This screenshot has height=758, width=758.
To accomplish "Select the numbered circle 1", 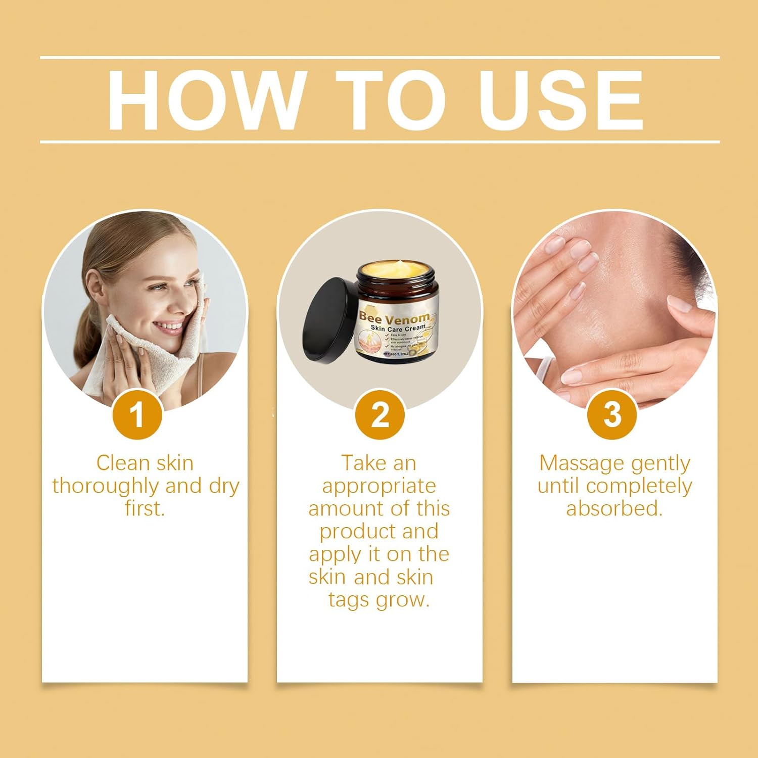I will pyautogui.click(x=137, y=415).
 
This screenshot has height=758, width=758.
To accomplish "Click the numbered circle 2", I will pyautogui.click(x=380, y=415).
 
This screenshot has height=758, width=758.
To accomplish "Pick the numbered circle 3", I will pyautogui.click(x=612, y=415).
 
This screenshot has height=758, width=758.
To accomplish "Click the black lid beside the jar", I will pyautogui.click(x=327, y=320).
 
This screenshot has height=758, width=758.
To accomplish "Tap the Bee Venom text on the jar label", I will pyautogui.click(x=394, y=318).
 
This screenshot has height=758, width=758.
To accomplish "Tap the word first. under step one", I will pyautogui.click(x=145, y=508).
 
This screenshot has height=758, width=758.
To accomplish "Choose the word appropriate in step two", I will pyautogui.click(x=379, y=486).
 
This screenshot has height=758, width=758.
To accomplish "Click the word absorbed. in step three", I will pyautogui.click(x=614, y=508).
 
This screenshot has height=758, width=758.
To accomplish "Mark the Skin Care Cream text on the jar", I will pyautogui.click(x=398, y=328).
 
